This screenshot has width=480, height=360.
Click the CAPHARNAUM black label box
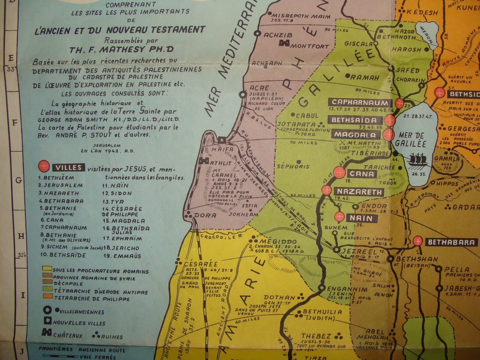[360, 103]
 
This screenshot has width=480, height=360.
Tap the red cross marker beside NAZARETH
[326, 190]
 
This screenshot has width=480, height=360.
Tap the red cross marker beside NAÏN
[340, 216]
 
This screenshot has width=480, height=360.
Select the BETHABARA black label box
[451, 242]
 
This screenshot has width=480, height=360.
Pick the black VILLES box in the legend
[69, 167]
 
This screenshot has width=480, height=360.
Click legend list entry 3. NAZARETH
[58, 193]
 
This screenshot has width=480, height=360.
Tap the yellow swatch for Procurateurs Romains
[47, 268]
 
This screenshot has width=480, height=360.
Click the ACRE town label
[256, 88]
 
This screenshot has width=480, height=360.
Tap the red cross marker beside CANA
[340, 172]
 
